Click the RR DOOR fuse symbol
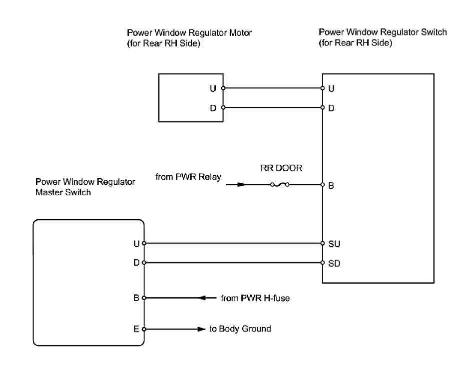(280, 185)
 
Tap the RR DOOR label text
(281, 168)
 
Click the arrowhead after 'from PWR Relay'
(242, 185)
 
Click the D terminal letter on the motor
(213, 108)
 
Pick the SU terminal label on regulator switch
(334, 244)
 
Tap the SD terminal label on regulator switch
(334, 263)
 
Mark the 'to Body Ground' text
(241, 329)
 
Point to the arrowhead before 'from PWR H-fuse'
(204, 299)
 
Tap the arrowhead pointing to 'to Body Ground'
(201, 329)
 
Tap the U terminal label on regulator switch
(331, 88)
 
